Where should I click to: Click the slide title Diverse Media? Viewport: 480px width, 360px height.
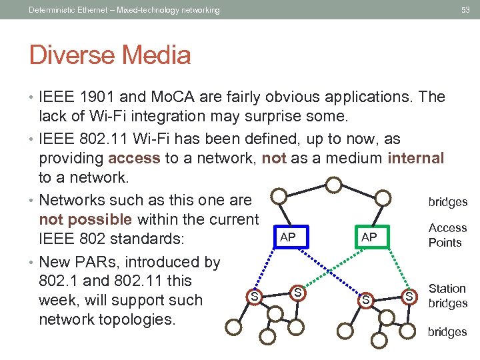tap(110, 55)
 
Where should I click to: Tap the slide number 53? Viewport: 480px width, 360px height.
tap(465, 10)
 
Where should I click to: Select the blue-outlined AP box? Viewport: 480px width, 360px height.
tap(287, 237)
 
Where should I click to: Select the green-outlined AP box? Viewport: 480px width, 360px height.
tap(369, 237)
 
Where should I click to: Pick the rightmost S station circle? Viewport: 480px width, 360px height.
tap(409, 295)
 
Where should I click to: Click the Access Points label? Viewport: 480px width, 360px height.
tap(447, 235)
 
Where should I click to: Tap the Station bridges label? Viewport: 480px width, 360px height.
tap(447, 296)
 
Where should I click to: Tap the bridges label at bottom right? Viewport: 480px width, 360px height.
tap(447, 332)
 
